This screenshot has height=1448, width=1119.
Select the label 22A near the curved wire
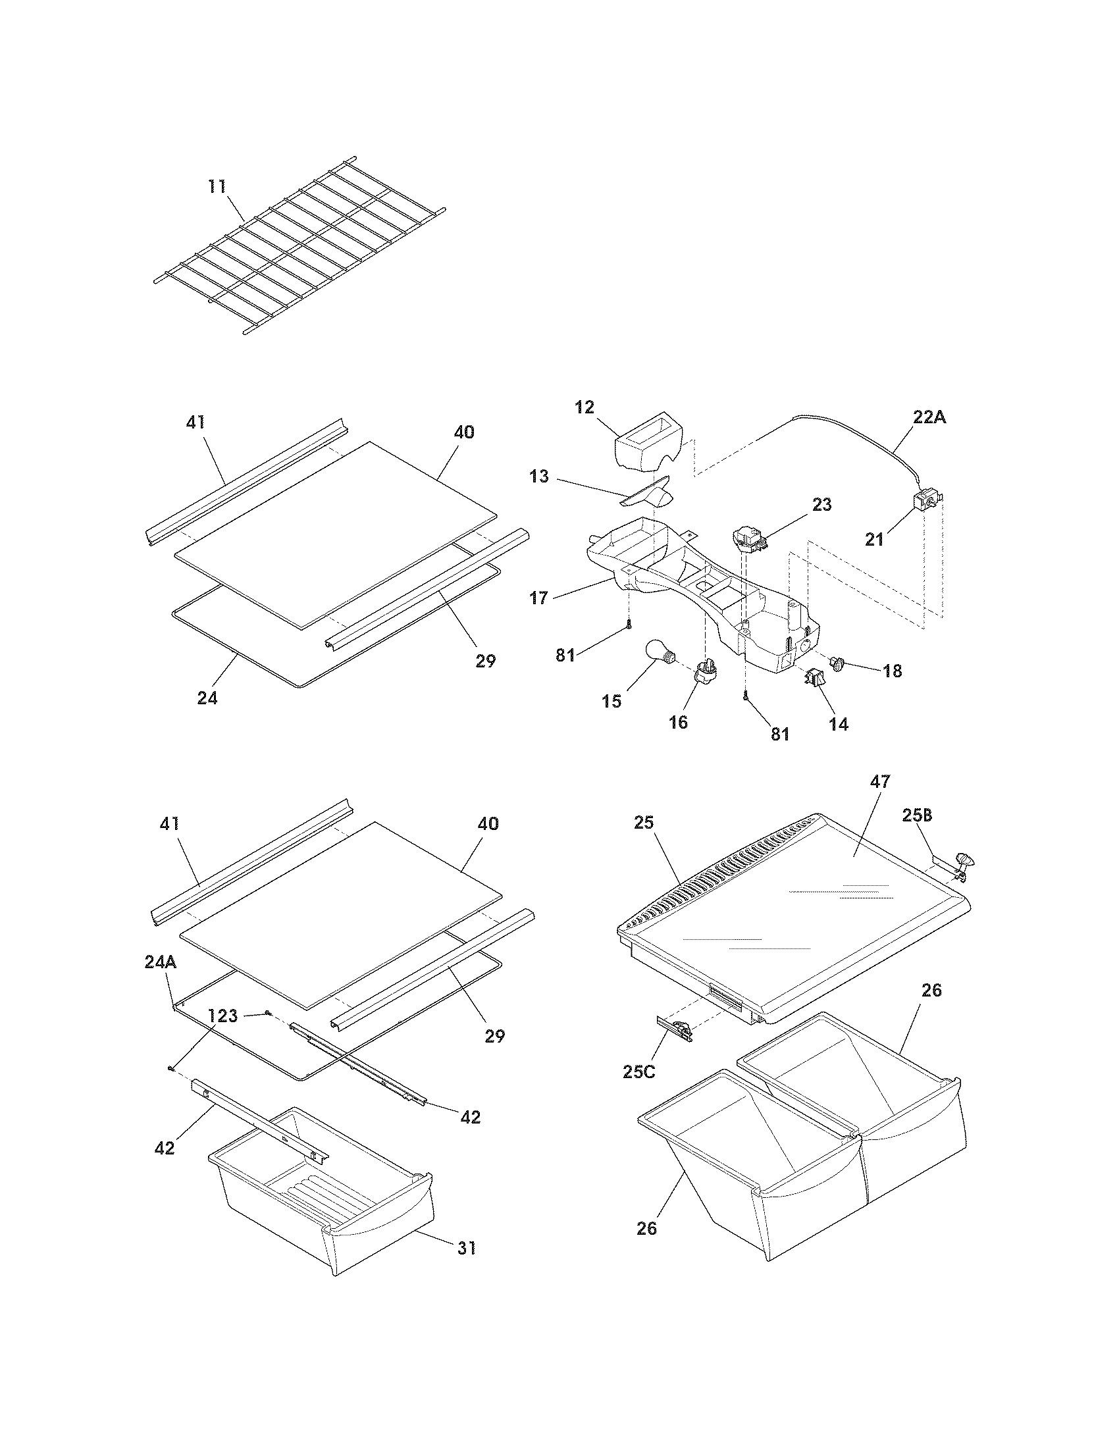tap(929, 418)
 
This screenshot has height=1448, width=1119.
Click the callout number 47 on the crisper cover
tap(880, 781)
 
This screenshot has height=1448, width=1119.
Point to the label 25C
tap(639, 1089)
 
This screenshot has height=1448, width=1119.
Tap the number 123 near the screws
tap(222, 1016)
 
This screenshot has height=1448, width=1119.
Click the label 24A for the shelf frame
tap(161, 962)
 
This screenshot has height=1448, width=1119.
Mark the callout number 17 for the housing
tap(539, 598)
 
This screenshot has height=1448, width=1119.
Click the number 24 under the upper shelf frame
tap(207, 698)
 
